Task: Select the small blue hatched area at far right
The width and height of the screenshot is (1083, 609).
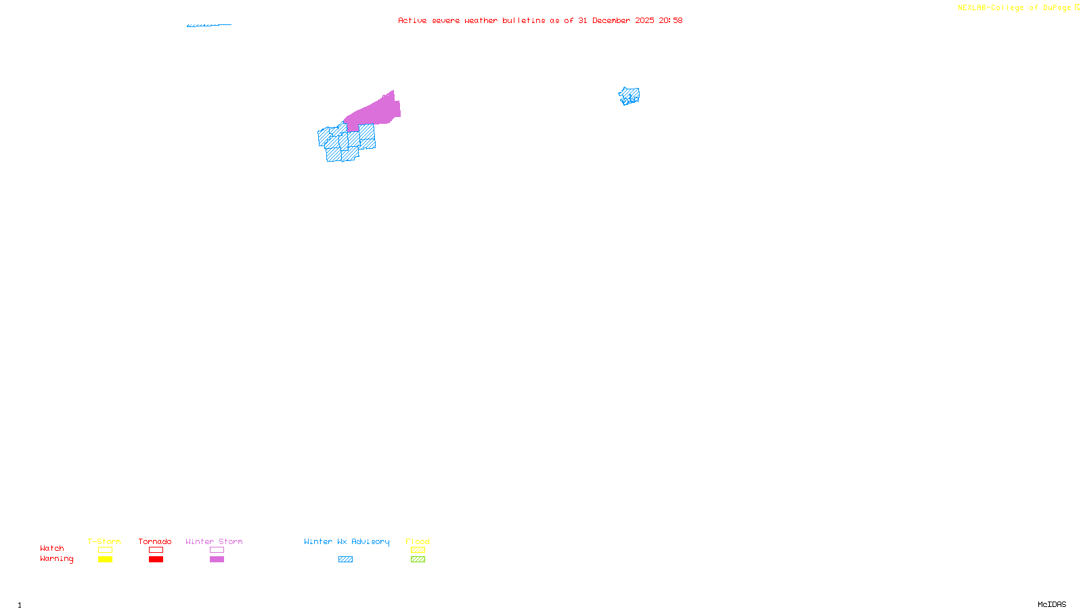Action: pos(629,96)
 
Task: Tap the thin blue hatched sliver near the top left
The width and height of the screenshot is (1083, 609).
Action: pos(208,25)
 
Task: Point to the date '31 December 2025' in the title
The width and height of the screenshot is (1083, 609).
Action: pos(616,20)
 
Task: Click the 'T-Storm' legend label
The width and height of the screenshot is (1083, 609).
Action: pos(104,541)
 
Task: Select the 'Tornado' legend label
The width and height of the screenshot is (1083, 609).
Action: pos(155,541)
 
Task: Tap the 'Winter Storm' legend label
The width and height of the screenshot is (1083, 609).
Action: pos(214,541)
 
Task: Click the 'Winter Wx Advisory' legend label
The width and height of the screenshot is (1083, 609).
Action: pos(347,541)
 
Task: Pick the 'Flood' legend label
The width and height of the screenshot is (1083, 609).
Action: pos(418,541)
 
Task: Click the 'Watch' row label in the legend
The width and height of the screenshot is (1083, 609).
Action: pos(52,548)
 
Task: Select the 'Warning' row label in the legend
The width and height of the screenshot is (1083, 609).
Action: pos(57,559)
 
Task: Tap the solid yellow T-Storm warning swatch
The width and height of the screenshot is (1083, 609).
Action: pos(105,560)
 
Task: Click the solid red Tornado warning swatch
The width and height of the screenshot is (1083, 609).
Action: pos(156,560)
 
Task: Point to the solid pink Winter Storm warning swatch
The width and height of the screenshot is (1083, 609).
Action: pos(217,560)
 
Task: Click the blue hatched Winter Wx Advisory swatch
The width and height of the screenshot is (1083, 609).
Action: pos(345,560)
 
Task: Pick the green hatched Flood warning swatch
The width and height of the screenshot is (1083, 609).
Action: pos(418,560)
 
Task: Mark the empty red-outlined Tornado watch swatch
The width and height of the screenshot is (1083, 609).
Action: pos(156,550)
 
